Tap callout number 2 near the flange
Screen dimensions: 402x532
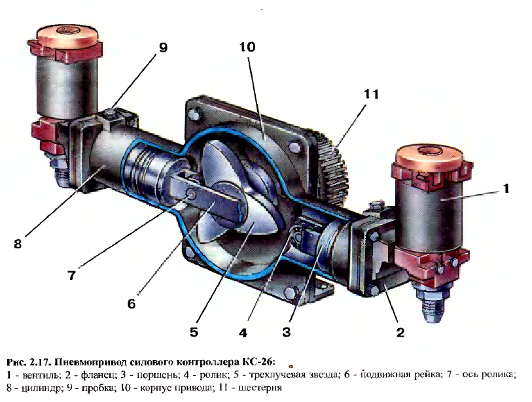(x=400, y=333)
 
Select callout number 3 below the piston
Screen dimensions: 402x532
(x=286, y=333)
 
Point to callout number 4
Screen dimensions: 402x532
(x=243, y=333)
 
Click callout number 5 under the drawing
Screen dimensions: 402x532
(x=194, y=333)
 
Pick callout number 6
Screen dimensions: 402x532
(x=131, y=304)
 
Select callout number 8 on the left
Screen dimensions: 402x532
(x=18, y=244)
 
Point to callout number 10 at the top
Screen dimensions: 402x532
(x=247, y=47)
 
